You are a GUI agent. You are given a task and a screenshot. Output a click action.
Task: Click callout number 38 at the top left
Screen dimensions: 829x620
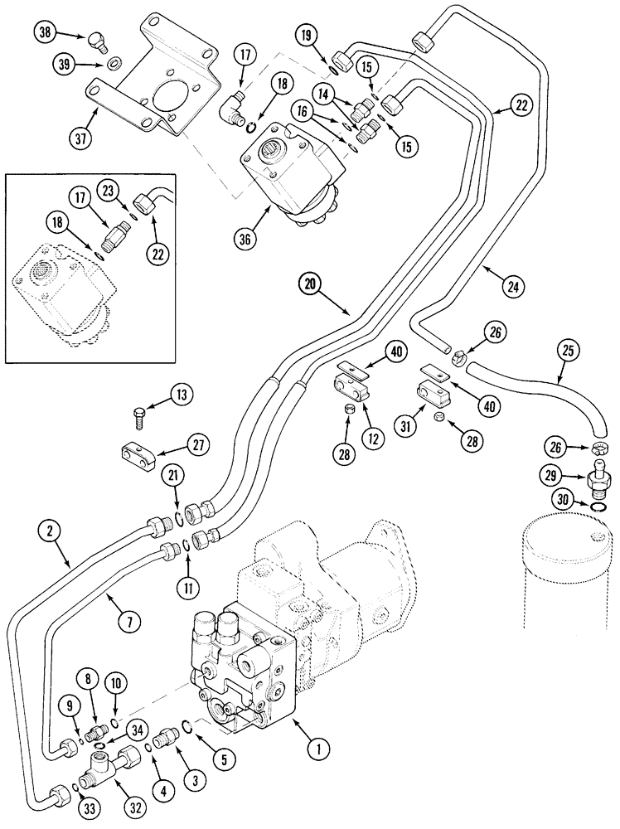pos(45,33)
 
